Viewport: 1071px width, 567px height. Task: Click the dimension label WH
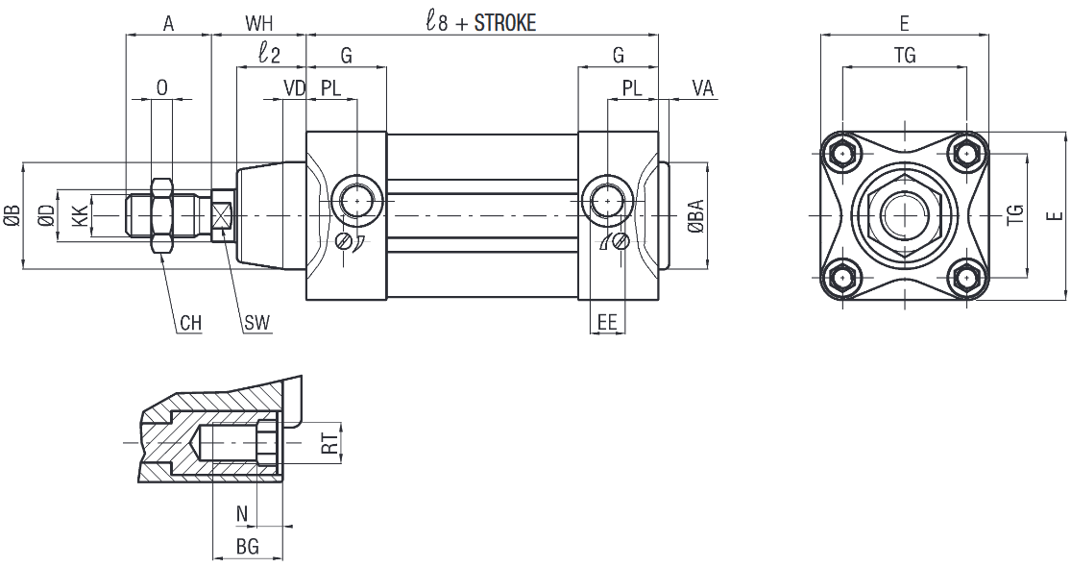pos(259,23)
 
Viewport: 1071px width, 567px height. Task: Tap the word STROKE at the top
pos(505,22)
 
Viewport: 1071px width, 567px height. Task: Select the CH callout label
pos(191,323)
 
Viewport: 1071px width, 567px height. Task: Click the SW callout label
pos(256,323)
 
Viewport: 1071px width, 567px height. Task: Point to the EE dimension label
pos(607,323)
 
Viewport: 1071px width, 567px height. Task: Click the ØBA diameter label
pos(696,216)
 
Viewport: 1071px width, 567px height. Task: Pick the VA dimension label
pos(703,88)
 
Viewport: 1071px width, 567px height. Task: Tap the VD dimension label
pos(294,88)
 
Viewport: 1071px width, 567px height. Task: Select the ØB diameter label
pos(13,216)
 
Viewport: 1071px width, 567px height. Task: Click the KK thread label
pos(80,216)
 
